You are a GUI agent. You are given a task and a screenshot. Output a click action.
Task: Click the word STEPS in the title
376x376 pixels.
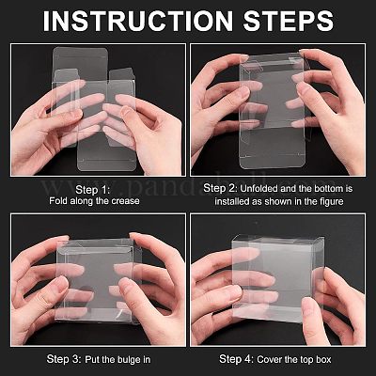(x=289, y=21)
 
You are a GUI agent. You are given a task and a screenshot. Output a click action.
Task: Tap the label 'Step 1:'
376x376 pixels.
(x=93, y=190)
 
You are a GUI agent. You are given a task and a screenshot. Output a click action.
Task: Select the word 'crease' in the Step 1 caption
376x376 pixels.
(x=124, y=201)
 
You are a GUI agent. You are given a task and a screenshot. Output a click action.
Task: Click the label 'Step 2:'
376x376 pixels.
(x=221, y=188)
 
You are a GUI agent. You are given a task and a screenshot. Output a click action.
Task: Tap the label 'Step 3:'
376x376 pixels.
(x=64, y=359)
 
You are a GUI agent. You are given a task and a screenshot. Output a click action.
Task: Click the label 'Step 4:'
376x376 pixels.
(x=237, y=359)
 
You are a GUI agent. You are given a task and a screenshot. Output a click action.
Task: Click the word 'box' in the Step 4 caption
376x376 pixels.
(x=323, y=359)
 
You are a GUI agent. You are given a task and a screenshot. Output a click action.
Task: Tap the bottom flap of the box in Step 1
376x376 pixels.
(x=107, y=158)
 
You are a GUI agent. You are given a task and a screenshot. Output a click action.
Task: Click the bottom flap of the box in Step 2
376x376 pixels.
(x=273, y=157)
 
